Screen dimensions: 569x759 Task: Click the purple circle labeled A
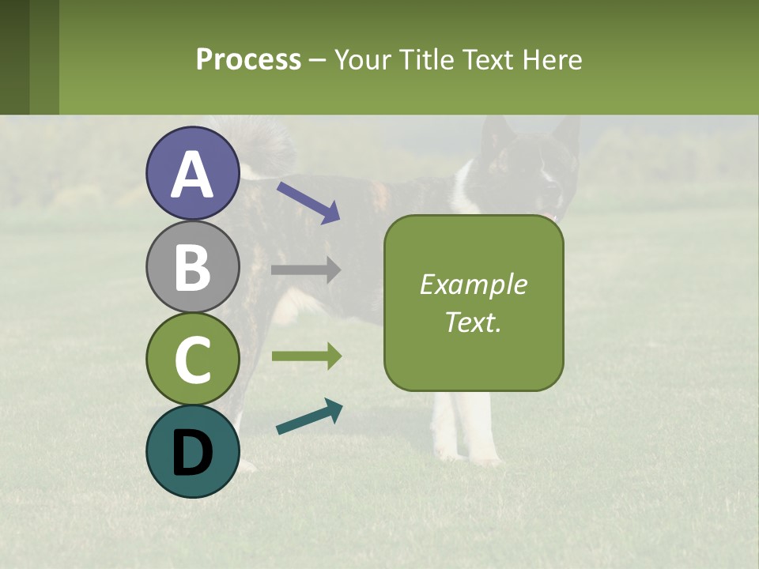(192, 173)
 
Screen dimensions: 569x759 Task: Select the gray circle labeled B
(192, 266)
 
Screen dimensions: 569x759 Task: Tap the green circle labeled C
(192, 359)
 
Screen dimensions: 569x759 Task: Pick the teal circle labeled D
(192, 451)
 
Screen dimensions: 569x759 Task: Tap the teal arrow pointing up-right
(309, 416)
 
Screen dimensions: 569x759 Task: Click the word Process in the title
(248, 59)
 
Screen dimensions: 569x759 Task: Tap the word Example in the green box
(473, 284)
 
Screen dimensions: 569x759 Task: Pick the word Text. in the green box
(473, 322)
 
